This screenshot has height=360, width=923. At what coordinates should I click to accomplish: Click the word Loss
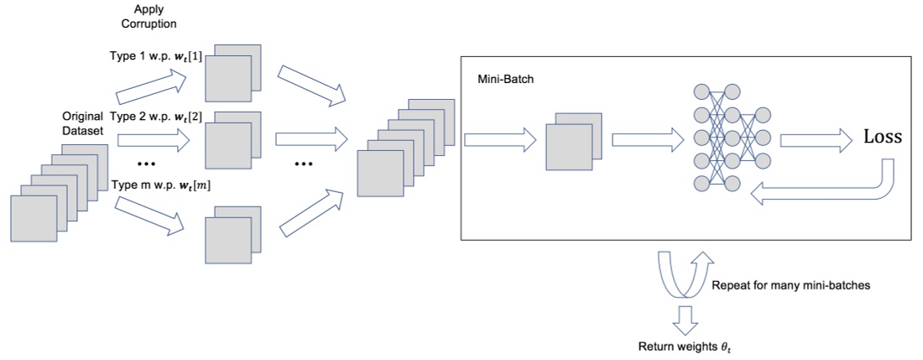tap(882, 138)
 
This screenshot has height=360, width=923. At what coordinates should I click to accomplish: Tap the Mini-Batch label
tap(506, 79)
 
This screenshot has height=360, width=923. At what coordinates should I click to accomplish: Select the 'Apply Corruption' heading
tap(151, 17)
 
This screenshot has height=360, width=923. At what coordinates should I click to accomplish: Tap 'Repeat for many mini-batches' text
tap(791, 286)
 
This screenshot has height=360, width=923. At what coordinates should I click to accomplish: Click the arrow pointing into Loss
tap(816, 140)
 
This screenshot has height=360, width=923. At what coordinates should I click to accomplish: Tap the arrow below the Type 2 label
tap(154, 140)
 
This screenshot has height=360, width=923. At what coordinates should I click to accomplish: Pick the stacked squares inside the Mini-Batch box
tap(574, 142)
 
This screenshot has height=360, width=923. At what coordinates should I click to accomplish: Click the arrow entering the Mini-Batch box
tap(500, 140)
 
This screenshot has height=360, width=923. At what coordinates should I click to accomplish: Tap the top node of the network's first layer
tap(701, 91)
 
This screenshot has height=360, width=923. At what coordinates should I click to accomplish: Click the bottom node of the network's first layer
tap(701, 183)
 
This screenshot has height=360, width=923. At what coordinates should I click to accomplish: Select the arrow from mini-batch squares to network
tap(648, 140)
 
